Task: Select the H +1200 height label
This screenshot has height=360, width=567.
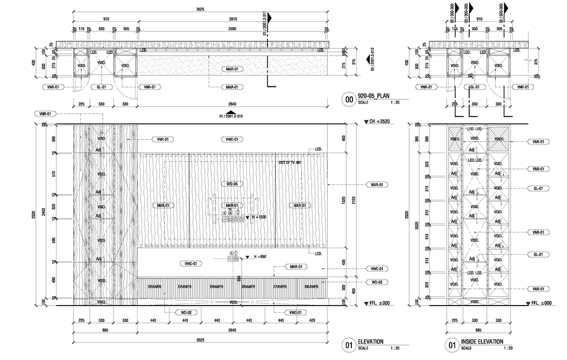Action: pos(259,218)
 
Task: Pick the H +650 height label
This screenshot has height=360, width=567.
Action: pos(260,257)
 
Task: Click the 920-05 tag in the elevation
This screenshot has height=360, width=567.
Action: pos(232,184)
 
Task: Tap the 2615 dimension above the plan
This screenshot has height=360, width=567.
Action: pos(233,19)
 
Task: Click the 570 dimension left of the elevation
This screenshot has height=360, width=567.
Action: pos(53,174)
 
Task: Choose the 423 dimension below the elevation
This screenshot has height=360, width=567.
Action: pos(312,321)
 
